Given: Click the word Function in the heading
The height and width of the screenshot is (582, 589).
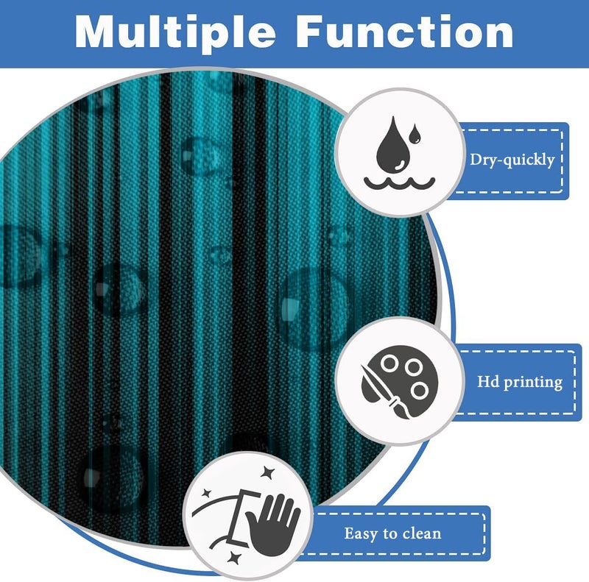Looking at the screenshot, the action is pyautogui.click(x=405, y=32).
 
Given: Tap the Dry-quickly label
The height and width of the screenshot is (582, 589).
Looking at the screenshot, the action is pyautogui.click(x=512, y=160).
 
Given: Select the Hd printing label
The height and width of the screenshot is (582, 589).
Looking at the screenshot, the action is pyautogui.click(x=520, y=382).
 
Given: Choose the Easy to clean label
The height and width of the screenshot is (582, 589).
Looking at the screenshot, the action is pyautogui.click(x=392, y=533).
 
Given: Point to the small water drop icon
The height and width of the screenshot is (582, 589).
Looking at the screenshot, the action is pyautogui.click(x=415, y=134).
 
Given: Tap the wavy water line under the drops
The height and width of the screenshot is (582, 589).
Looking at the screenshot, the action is pyautogui.click(x=399, y=184).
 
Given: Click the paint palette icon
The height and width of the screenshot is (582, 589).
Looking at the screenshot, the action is pyautogui.click(x=399, y=382).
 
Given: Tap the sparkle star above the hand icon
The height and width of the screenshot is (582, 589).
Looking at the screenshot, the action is pyautogui.click(x=267, y=472).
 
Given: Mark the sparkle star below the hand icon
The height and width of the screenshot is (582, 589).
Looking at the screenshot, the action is pyautogui.click(x=234, y=558).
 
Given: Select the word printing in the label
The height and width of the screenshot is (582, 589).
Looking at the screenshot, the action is pyautogui.click(x=533, y=383).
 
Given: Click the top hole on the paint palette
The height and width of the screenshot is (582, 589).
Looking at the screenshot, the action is pyautogui.click(x=389, y=363).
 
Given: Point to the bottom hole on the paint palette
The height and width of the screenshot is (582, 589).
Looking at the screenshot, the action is pyautogui.click(x=419, y=391).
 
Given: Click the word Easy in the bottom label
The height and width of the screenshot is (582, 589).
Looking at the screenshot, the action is pyautogui.click(x=360, y=534).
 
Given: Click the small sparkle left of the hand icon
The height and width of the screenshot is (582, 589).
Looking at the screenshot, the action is pyautogui.click(x=206, y=494).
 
